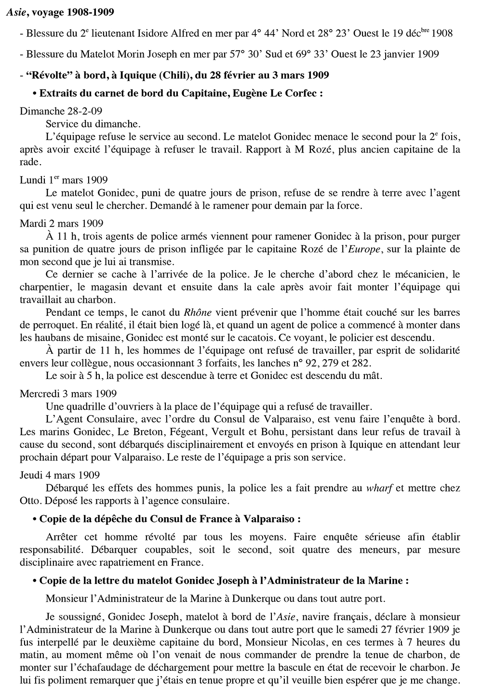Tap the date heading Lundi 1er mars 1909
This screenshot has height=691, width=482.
pyautogui.click(x=64, y=180)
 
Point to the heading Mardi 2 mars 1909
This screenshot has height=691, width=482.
pyautogui.click(x=61, y=223)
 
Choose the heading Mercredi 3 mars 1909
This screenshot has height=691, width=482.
pyautogui.click(x=68, y=393)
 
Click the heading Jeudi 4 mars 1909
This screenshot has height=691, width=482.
pyautogui.click(x=60, y=475)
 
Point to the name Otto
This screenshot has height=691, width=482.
pyautogui.click(x=30, y=501)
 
